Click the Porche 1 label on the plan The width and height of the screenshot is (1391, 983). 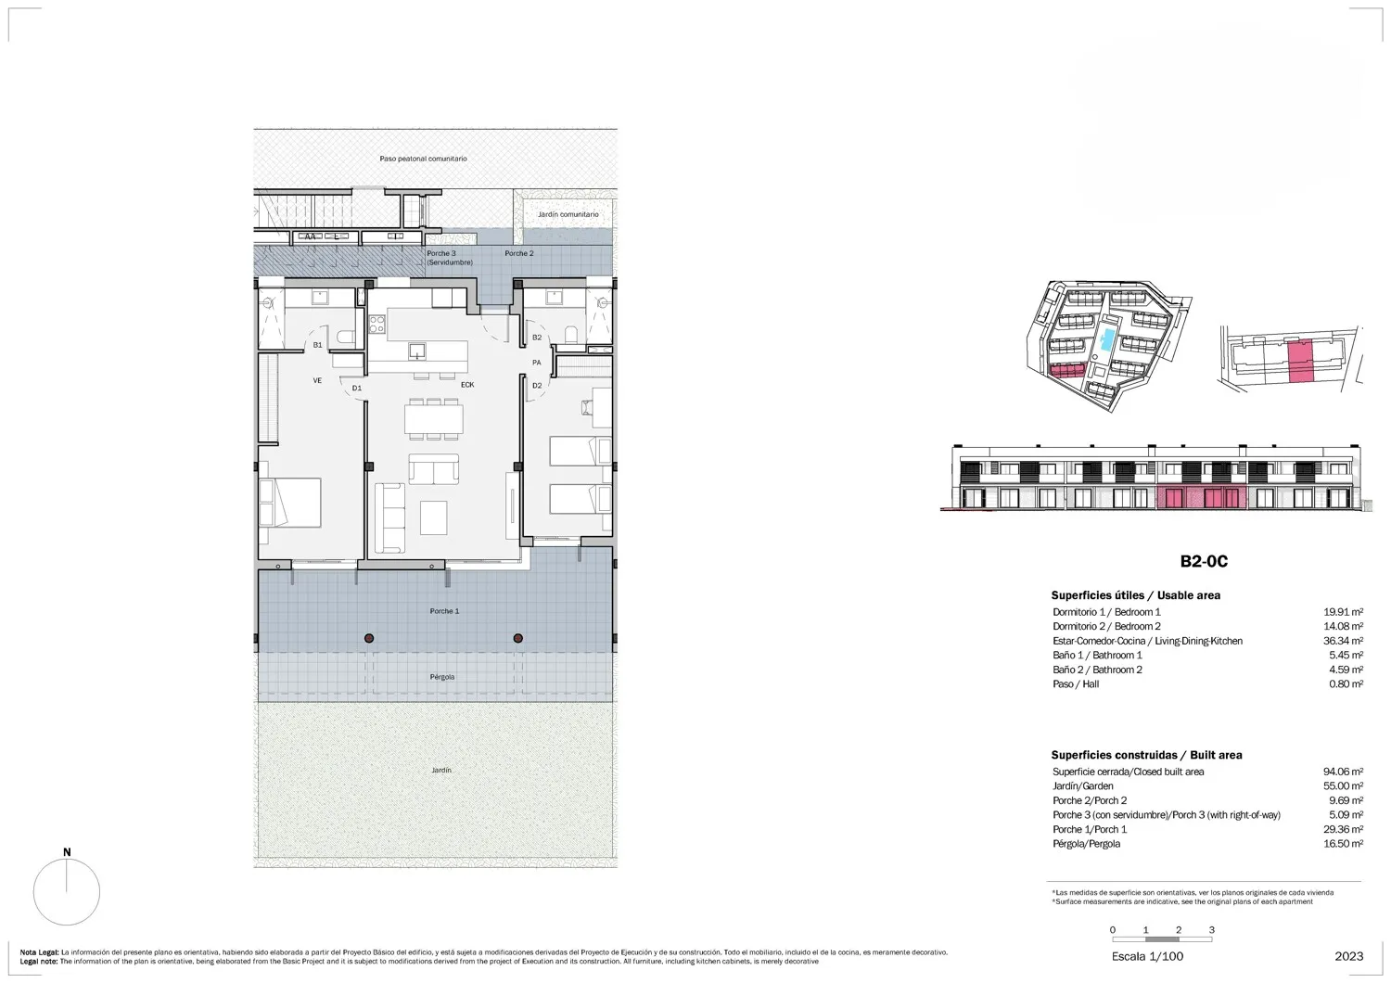444,611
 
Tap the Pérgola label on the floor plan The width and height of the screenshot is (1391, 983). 442,677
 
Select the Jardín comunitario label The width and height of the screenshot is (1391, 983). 568,214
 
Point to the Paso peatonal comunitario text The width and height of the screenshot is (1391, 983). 424,159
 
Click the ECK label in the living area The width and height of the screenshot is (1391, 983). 467,385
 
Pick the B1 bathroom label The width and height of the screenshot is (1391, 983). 317,345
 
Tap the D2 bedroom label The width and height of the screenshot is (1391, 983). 537,386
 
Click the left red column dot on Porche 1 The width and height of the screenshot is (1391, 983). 369,638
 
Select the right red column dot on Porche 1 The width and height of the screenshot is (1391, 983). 517,638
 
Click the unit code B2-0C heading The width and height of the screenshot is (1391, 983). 1204,561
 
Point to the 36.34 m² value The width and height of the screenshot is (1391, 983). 1343,641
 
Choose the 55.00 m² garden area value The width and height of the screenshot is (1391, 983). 1343,786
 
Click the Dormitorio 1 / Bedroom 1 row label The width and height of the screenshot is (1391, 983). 1106,612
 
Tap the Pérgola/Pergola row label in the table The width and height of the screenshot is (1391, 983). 1087,844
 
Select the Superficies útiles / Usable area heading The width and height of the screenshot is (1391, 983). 1136,595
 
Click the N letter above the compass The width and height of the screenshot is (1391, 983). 67,852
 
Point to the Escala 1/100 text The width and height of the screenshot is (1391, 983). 1148,957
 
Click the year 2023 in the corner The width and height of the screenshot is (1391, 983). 1349,957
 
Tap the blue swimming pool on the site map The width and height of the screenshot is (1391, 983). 1106,340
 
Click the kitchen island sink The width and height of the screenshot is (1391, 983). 417,351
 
